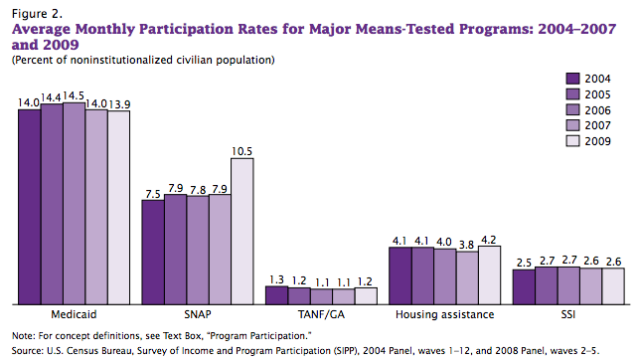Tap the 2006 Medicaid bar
coord(74,203)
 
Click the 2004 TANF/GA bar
coord(276,294)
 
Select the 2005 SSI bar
coord(547,285)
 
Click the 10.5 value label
coord(241,151)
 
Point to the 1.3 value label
coord(276,278)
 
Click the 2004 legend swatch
coord(572,79)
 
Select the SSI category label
coord(568,314)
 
